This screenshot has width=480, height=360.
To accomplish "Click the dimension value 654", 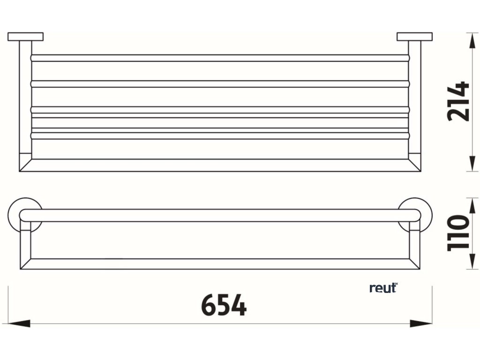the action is (x=224, y=306).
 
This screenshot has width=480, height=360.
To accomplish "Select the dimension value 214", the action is (x=458, y=102).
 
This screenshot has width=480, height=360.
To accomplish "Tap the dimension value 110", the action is (x=458, y=233).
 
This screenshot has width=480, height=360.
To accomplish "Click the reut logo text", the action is (x=383, y=288).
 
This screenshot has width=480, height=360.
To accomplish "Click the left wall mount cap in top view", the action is (x=25, y=36).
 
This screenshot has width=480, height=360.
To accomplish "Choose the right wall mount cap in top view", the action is (x=414, y=36).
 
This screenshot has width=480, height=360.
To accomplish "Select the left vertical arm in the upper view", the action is (x=25, y=103).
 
